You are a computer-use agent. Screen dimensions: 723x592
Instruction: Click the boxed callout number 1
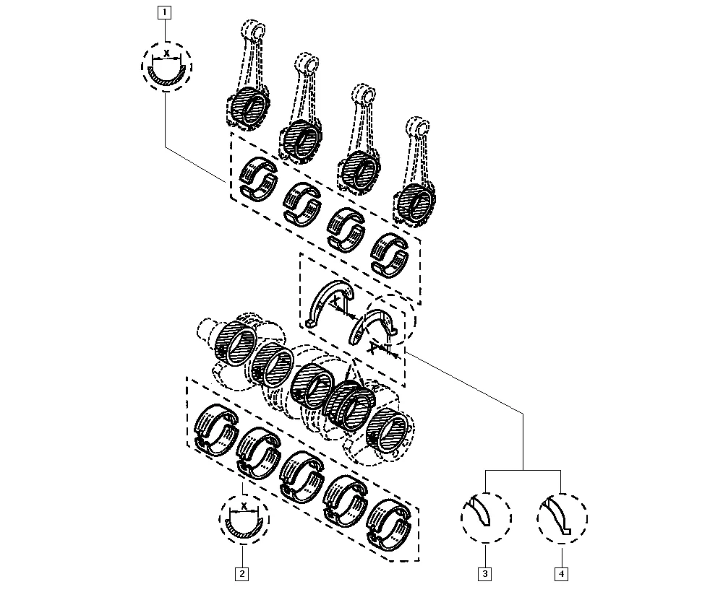pos(165,12)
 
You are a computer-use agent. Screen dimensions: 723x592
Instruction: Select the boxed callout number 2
pos(241,574)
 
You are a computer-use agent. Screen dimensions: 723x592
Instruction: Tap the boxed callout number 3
pos(484,574)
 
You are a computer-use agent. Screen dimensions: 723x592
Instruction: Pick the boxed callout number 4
pos(561,574)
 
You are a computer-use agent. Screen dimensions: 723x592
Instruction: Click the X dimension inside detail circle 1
pos(166,54)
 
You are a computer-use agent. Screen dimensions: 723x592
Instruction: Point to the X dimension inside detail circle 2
pos(244,507)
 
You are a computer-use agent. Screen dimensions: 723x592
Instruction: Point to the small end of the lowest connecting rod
pos(418,127)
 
